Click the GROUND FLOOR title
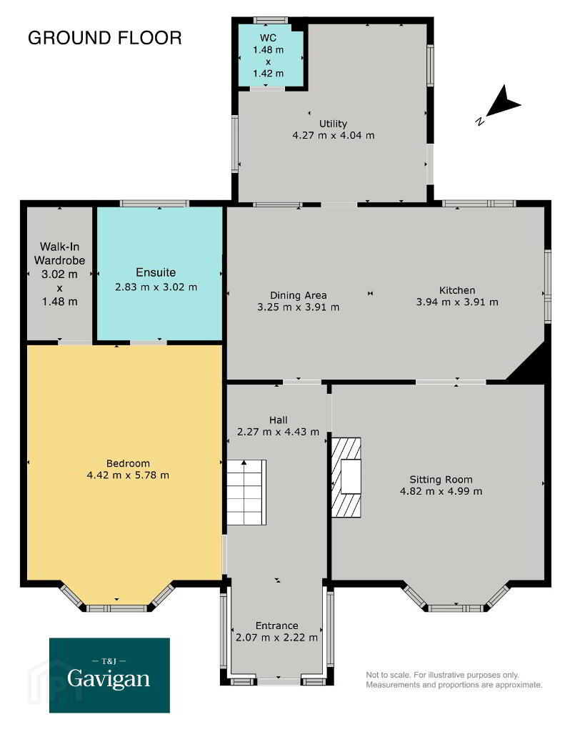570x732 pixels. pyautogui.click(x=104, y=38)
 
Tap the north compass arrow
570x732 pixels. pyautogui.click(x=503, y=102)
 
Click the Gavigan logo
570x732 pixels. pyautogui.click(x=109, y=675)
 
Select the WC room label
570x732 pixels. pyautogui.click(x=268, y=38)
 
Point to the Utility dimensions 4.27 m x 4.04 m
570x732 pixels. pyautogui.click(x=333, y=135)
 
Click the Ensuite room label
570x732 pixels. pyautogui.click(x=156, y=272)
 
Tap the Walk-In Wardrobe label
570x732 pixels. pyautogui.click(x=60, y=253)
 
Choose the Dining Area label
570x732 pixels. pyautogui.click(x=298, y=295)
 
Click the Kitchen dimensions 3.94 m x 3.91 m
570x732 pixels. pyautogui.click(x=457, y=302)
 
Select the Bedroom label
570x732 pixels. pyautogui.click(x=128, y=463)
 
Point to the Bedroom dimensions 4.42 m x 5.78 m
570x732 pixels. pyautogui.click(x=128, y=475)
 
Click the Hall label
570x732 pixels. pyautogui.click(x=278, y=420)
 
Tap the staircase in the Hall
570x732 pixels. pyautogui.click(x=246, y=493)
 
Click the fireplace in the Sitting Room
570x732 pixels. pyautogui.click(x=346, y=477)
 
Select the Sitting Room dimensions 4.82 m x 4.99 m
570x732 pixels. pyautogui.click(x=441, y=491)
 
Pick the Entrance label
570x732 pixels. pyautogui.click(x=276, y=625)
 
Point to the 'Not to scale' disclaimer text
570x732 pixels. pyautogui.click(x=454, y=680)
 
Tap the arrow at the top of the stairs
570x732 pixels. pyautogui.click(x=244, y=463)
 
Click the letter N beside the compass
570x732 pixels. pyautogui.click(x=479, y=122)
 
